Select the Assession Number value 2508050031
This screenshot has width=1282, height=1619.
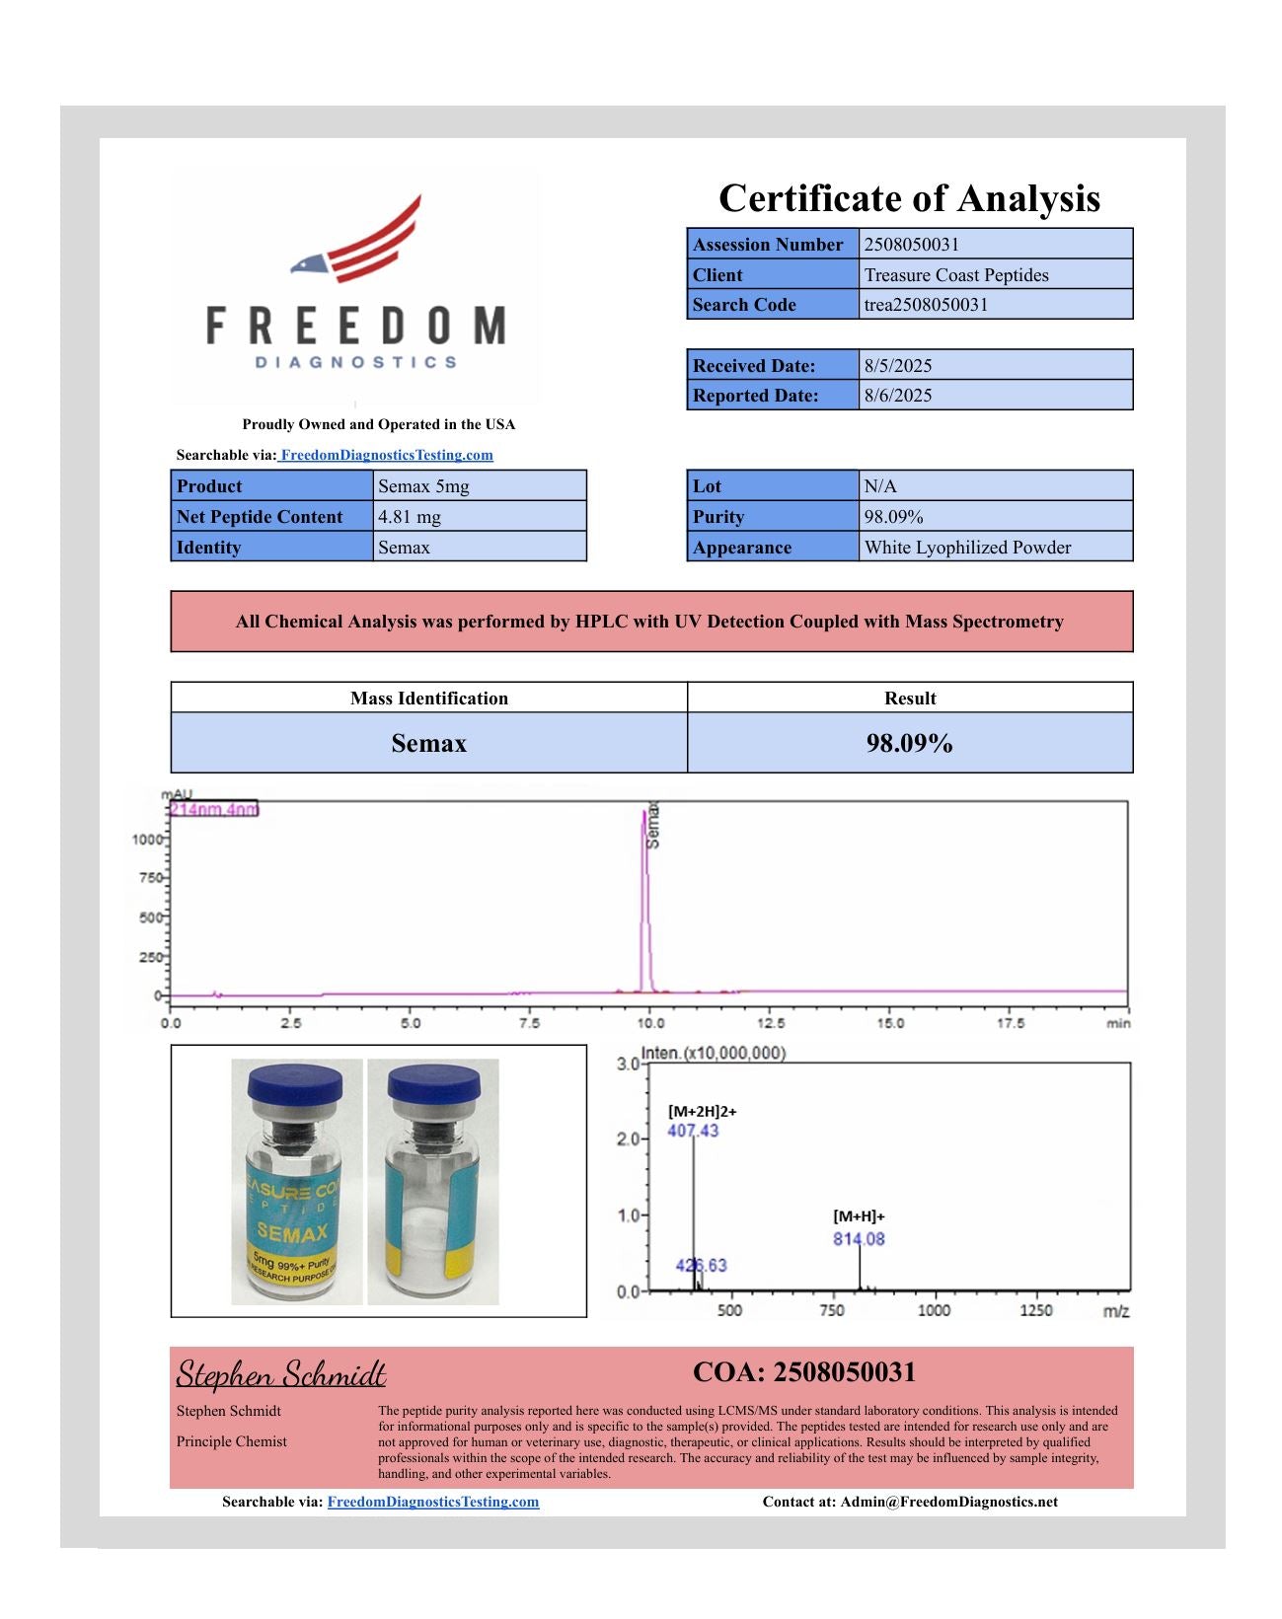click(911, 244)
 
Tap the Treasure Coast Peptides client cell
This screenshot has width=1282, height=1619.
click(955, 274)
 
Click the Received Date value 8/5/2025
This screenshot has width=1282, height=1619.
click(897, 365)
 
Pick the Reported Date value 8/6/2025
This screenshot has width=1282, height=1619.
click(897, 395)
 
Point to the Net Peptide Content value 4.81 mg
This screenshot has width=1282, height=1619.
click(410, 516)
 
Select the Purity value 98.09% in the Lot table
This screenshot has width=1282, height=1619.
click(893, 516)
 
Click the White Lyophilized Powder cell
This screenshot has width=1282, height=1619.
click(967, 547)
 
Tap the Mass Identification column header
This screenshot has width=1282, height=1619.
click(428, 698)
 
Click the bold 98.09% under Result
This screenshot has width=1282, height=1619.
click(909, 743)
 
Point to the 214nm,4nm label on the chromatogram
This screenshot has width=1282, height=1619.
click(213, 809)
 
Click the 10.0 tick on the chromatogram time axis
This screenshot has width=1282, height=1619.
click(649, 1023)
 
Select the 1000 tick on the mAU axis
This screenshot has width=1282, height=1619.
click(146, 840)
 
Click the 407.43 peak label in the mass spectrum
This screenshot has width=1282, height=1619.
click(693, 1131)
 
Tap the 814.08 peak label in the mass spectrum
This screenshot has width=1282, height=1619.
click(859, 1239)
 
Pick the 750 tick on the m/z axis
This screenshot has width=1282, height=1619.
click(831, 1310)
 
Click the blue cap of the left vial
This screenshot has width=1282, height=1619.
click(294, 1085)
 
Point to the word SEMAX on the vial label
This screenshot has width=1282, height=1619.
click(292, 1232)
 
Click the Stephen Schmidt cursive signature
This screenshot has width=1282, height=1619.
click(281, 1373)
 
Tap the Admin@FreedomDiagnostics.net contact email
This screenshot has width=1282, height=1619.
click(948, 1502)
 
